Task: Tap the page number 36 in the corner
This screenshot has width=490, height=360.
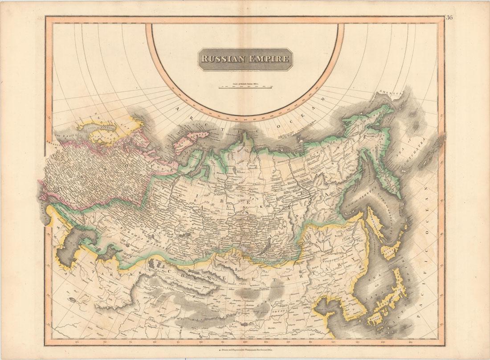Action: pyautogui.click(x=449, y=18)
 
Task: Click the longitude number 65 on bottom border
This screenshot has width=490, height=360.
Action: pyautogui.click(x=78, y=342)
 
